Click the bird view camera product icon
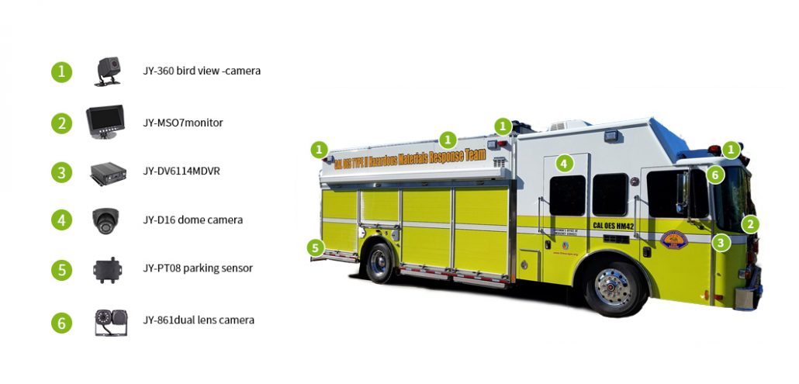pyautogui.click(x=108, y=71)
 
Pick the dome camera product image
pyautogui.click(x=105, y=220)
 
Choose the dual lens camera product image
pyautogui.click(x=107, y=320)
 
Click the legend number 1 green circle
pyautogui.click(x=61, y=72)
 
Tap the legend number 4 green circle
pyautogui.click(x=61, y=220)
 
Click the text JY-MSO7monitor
pyautogui.click(x=183, y=123)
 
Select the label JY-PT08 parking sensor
pyautogui.click(x=198, y=268)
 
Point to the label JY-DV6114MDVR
pyautogui.click(x=181, y=171)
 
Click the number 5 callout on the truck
pyautogui.click(x=314, y=248)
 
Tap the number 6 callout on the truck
pyautogui.click(x=715, y=175)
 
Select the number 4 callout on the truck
pyautogui.click(x=564, y=163)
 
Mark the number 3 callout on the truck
pyautogui.click(x=721, y=243)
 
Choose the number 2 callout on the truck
pyautogui.click(x=750, y=224)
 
